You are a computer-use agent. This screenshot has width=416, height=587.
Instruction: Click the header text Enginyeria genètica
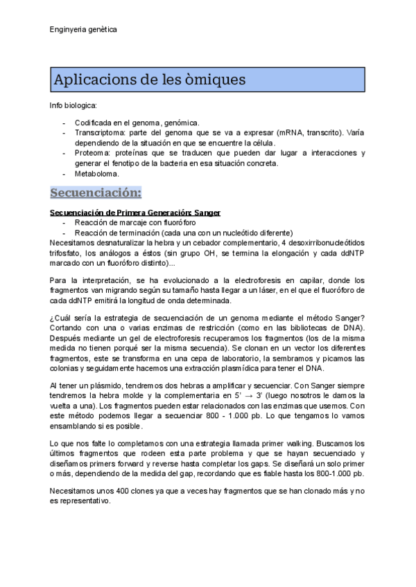coord(83,30)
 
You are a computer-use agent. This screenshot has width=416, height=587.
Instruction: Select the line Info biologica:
coord(73,105)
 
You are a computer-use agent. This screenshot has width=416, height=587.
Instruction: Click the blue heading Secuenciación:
coord(96,192)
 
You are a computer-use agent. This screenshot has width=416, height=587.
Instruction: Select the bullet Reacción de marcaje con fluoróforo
coord(135,223)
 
